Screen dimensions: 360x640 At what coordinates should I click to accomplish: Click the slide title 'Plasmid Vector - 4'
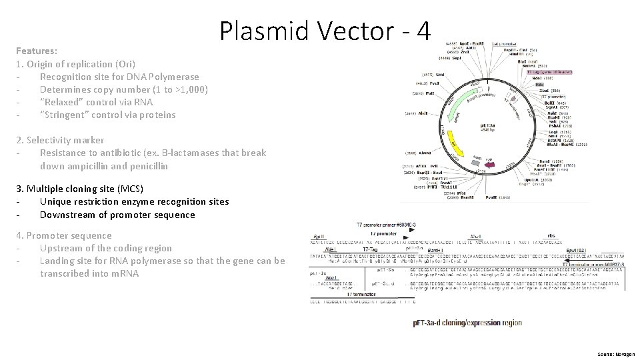[x=325, y=31]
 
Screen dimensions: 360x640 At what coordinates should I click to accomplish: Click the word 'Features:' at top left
[x=36, y=51]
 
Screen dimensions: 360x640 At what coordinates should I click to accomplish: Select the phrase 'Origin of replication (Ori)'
[x=81, y=64]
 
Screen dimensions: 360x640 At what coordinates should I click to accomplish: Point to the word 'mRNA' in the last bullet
[x=124, y=273]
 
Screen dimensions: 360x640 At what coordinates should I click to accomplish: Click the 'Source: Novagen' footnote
[x=616, y=355]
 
